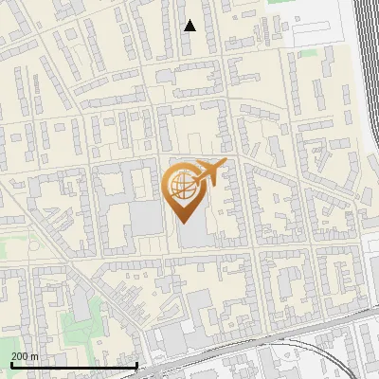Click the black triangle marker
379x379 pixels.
(189, 26)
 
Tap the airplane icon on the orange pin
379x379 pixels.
(211, 171)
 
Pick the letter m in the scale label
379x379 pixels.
(35, 355)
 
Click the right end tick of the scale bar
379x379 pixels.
(137, 363)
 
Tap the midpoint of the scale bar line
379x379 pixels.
(74, 365)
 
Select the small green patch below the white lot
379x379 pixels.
(305, 54)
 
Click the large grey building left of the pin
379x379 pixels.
(144, 218)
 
